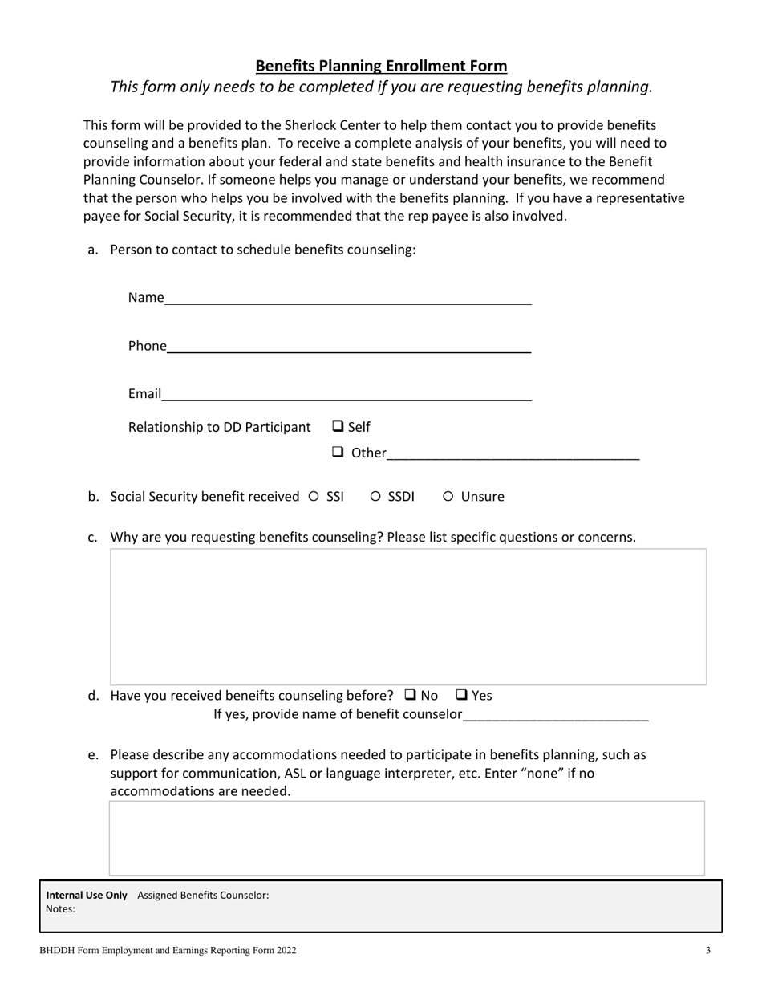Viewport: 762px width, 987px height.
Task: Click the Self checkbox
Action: (338, 426)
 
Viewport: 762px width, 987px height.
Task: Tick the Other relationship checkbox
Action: (338, 453)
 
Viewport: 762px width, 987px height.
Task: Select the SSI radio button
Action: (314, 497)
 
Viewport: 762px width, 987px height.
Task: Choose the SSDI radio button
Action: (375, 497)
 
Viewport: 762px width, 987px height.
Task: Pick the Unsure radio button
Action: (448, 497)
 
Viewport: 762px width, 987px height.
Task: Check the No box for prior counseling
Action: (411, 695)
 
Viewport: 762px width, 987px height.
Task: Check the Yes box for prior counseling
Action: (462, 695)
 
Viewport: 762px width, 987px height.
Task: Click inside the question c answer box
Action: (407, 616)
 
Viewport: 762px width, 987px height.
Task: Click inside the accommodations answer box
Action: (407, 838)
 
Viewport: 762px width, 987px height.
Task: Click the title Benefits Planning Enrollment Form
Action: (381, 66)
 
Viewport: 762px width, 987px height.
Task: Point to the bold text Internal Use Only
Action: (87, 895)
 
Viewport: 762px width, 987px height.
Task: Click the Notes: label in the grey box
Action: (61, 909)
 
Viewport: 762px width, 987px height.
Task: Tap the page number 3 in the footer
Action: (708, 951)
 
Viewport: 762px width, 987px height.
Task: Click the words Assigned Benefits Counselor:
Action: (203, 895)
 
